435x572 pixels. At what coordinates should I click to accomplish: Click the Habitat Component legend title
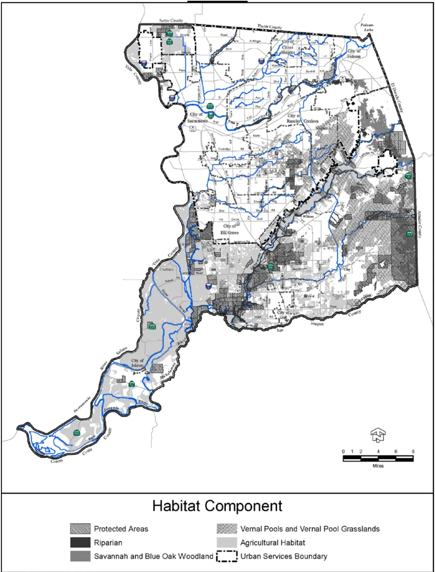pyautogui.click(x=217, y=506)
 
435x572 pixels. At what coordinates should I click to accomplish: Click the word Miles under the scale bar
pyautogui.click(x=378, y=466)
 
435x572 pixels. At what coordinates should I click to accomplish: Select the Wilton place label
pyautogui.click(x=307, y=217)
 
